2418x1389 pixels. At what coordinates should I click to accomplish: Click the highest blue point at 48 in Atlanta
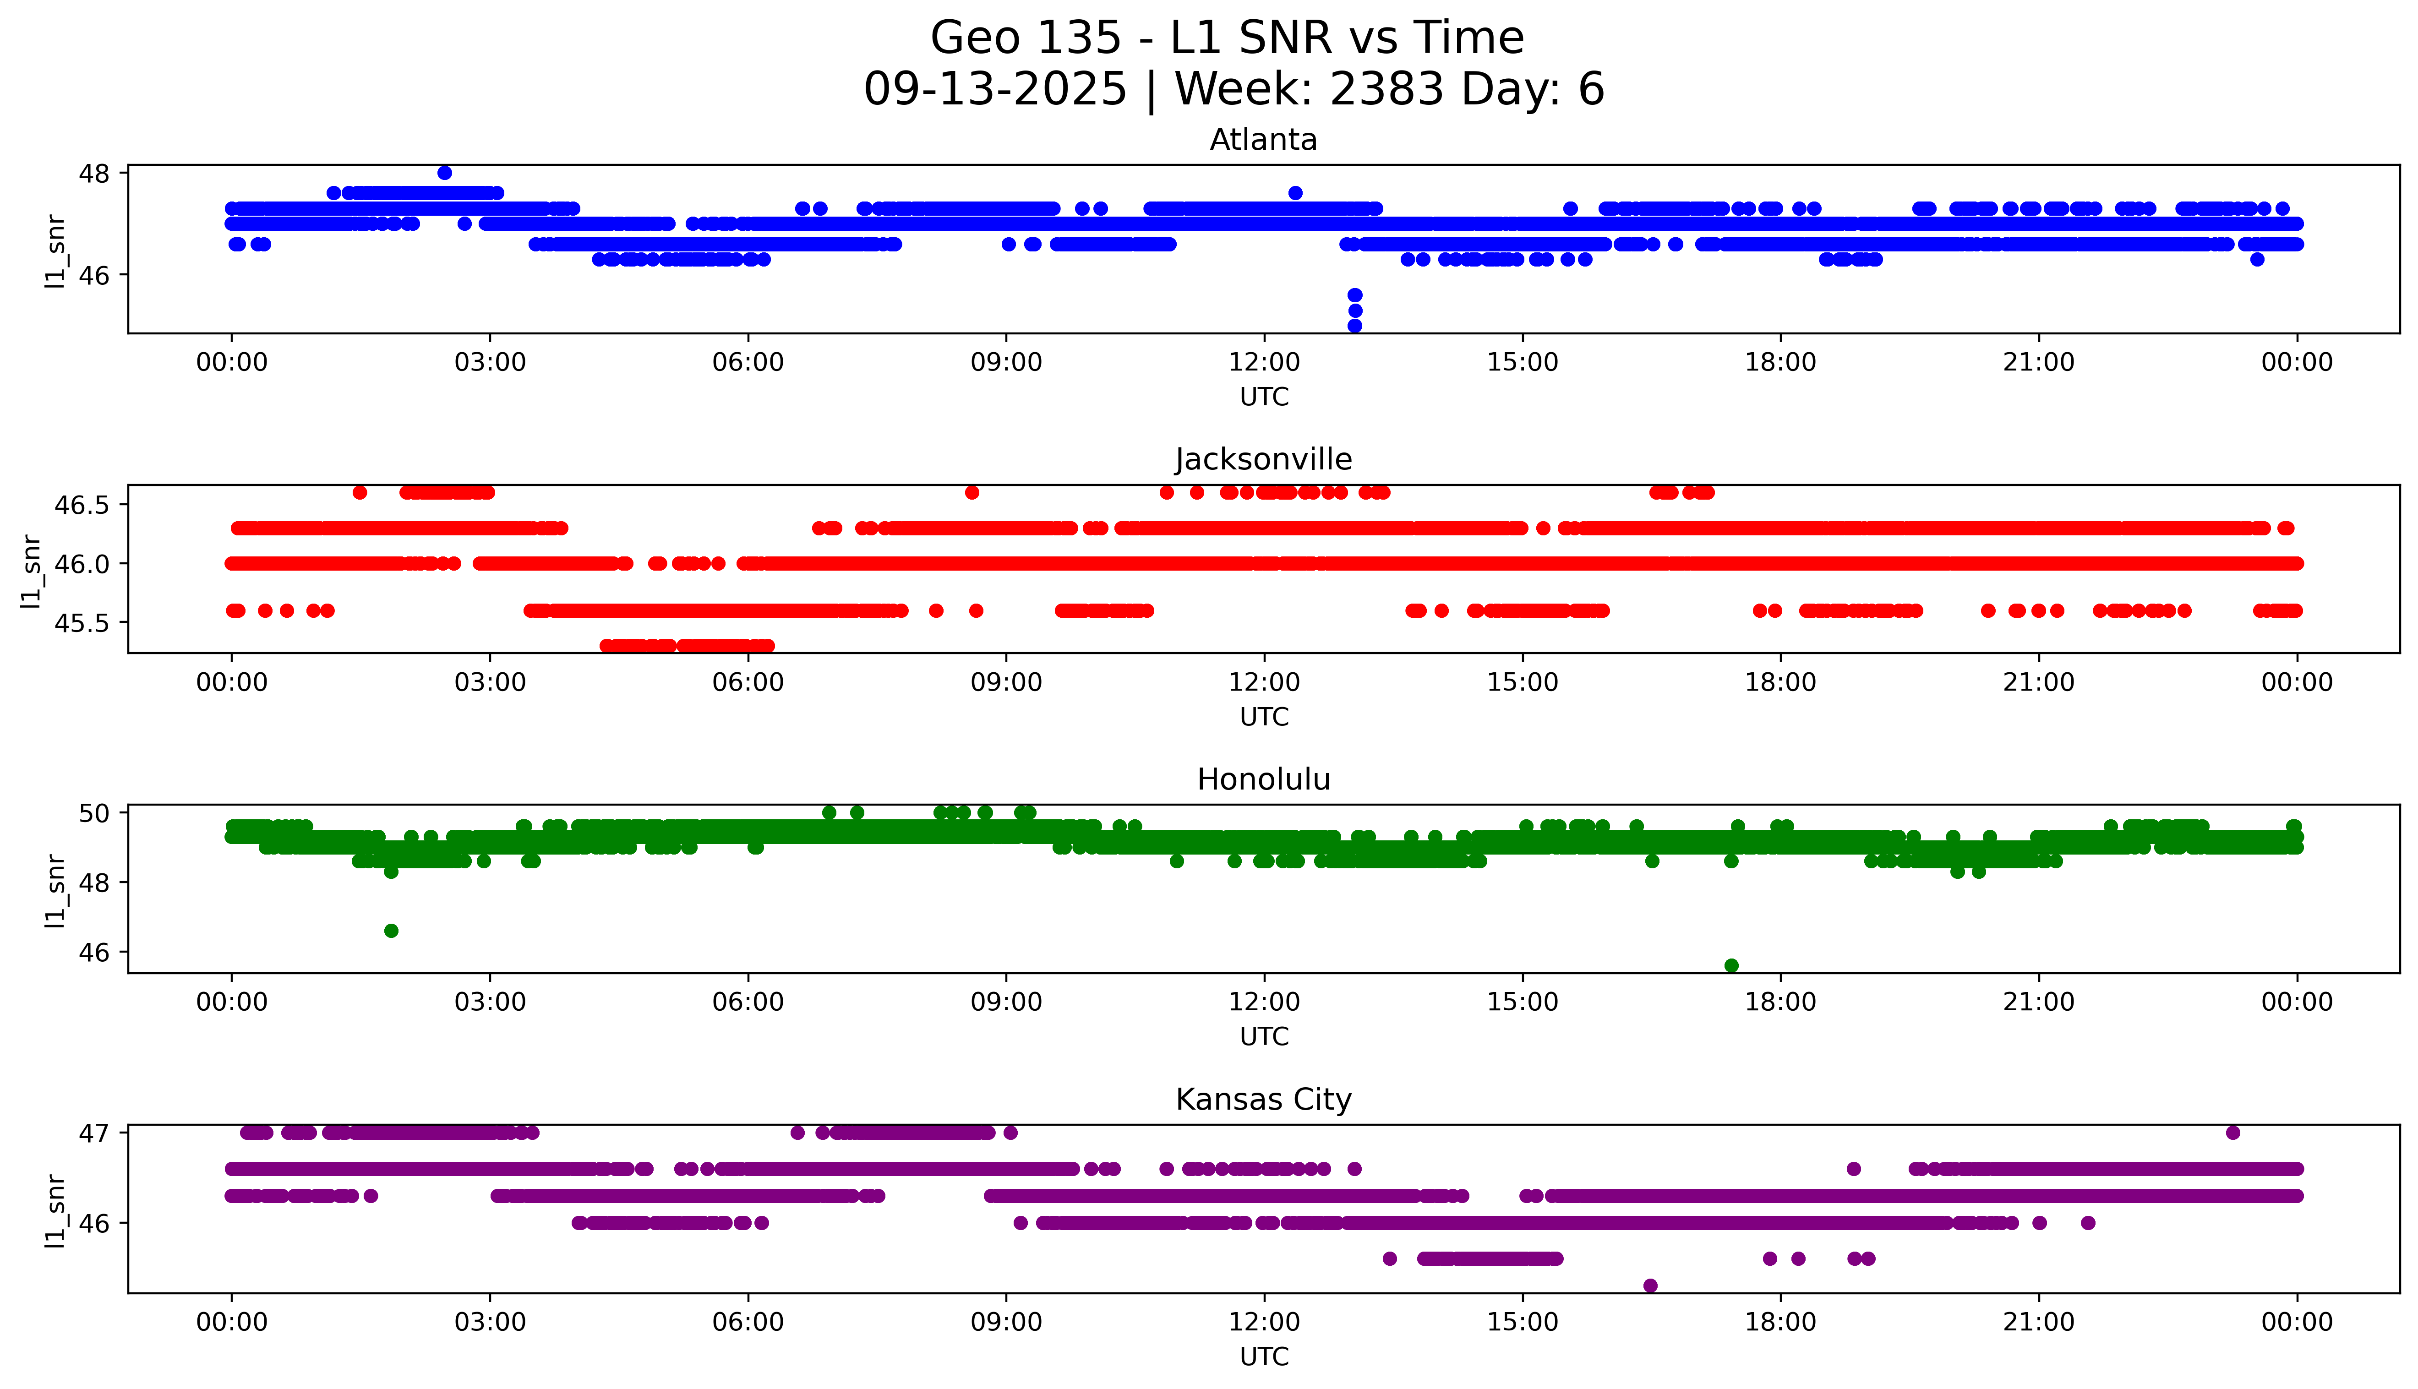pos(444,173)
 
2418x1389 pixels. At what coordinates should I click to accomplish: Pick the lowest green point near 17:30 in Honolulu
pos(1731,965)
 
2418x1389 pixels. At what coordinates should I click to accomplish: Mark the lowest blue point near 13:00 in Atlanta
pos(1354,325)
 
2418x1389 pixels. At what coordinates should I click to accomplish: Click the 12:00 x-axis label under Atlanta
pos(1264,363)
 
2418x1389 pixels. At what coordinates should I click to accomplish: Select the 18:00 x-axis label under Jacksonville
pos(1780,682)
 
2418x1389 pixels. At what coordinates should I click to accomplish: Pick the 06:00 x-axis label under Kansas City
pos(748,1322)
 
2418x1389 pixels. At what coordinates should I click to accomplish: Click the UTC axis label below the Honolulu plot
pos(1264,1036)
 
